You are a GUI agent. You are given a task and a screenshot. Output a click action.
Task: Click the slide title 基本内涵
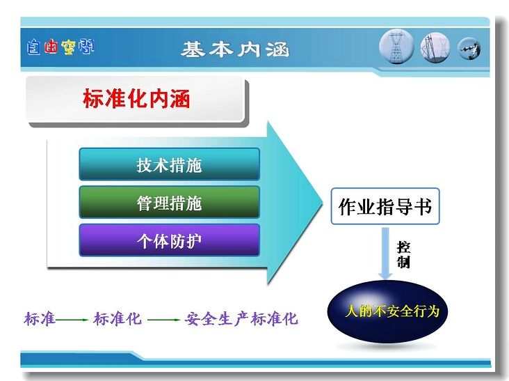click(x=235, y=49)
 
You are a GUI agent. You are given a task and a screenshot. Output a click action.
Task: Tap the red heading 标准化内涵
click(x=136, y=98)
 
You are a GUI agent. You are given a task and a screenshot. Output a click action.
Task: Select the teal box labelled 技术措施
click(x=170, y=164)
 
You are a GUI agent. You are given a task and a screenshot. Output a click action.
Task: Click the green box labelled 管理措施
click(x=170, y=202)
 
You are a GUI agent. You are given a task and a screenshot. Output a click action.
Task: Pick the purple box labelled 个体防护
click(x=170, y=240)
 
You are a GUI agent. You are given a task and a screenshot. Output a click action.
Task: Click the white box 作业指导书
click(x=385, y=206)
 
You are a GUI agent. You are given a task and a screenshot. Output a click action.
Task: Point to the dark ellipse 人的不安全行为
click(x=387, y=311)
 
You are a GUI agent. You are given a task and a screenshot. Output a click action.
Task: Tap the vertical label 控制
click(x=403, y=254)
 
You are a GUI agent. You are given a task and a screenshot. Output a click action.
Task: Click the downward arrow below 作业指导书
click(x=385, y=254)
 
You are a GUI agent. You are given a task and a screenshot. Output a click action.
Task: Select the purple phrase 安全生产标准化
click(x=241, y=319)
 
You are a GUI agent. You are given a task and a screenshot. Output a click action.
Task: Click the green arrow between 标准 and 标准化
click(x=72, y=320)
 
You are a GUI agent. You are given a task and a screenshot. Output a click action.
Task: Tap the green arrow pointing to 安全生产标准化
click(x=163, y=320)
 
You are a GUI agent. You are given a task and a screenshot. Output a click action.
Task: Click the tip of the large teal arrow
click(x=323, y=204)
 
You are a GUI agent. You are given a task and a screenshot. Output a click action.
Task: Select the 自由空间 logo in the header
click(x=60, y=47)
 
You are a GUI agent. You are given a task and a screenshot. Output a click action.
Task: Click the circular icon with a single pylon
click(x=396, y=47)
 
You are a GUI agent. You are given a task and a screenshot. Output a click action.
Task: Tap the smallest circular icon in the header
click(x=469, y=49)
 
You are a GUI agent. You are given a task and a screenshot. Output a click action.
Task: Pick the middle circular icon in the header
click(x=435, y=48)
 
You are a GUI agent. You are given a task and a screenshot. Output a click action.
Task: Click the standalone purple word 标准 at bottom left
click(x=40, y=319)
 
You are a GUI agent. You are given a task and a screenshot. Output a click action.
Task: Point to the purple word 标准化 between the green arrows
click(x=118, y=319)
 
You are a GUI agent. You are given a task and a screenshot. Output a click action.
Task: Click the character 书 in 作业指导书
click(x=423, y=206)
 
